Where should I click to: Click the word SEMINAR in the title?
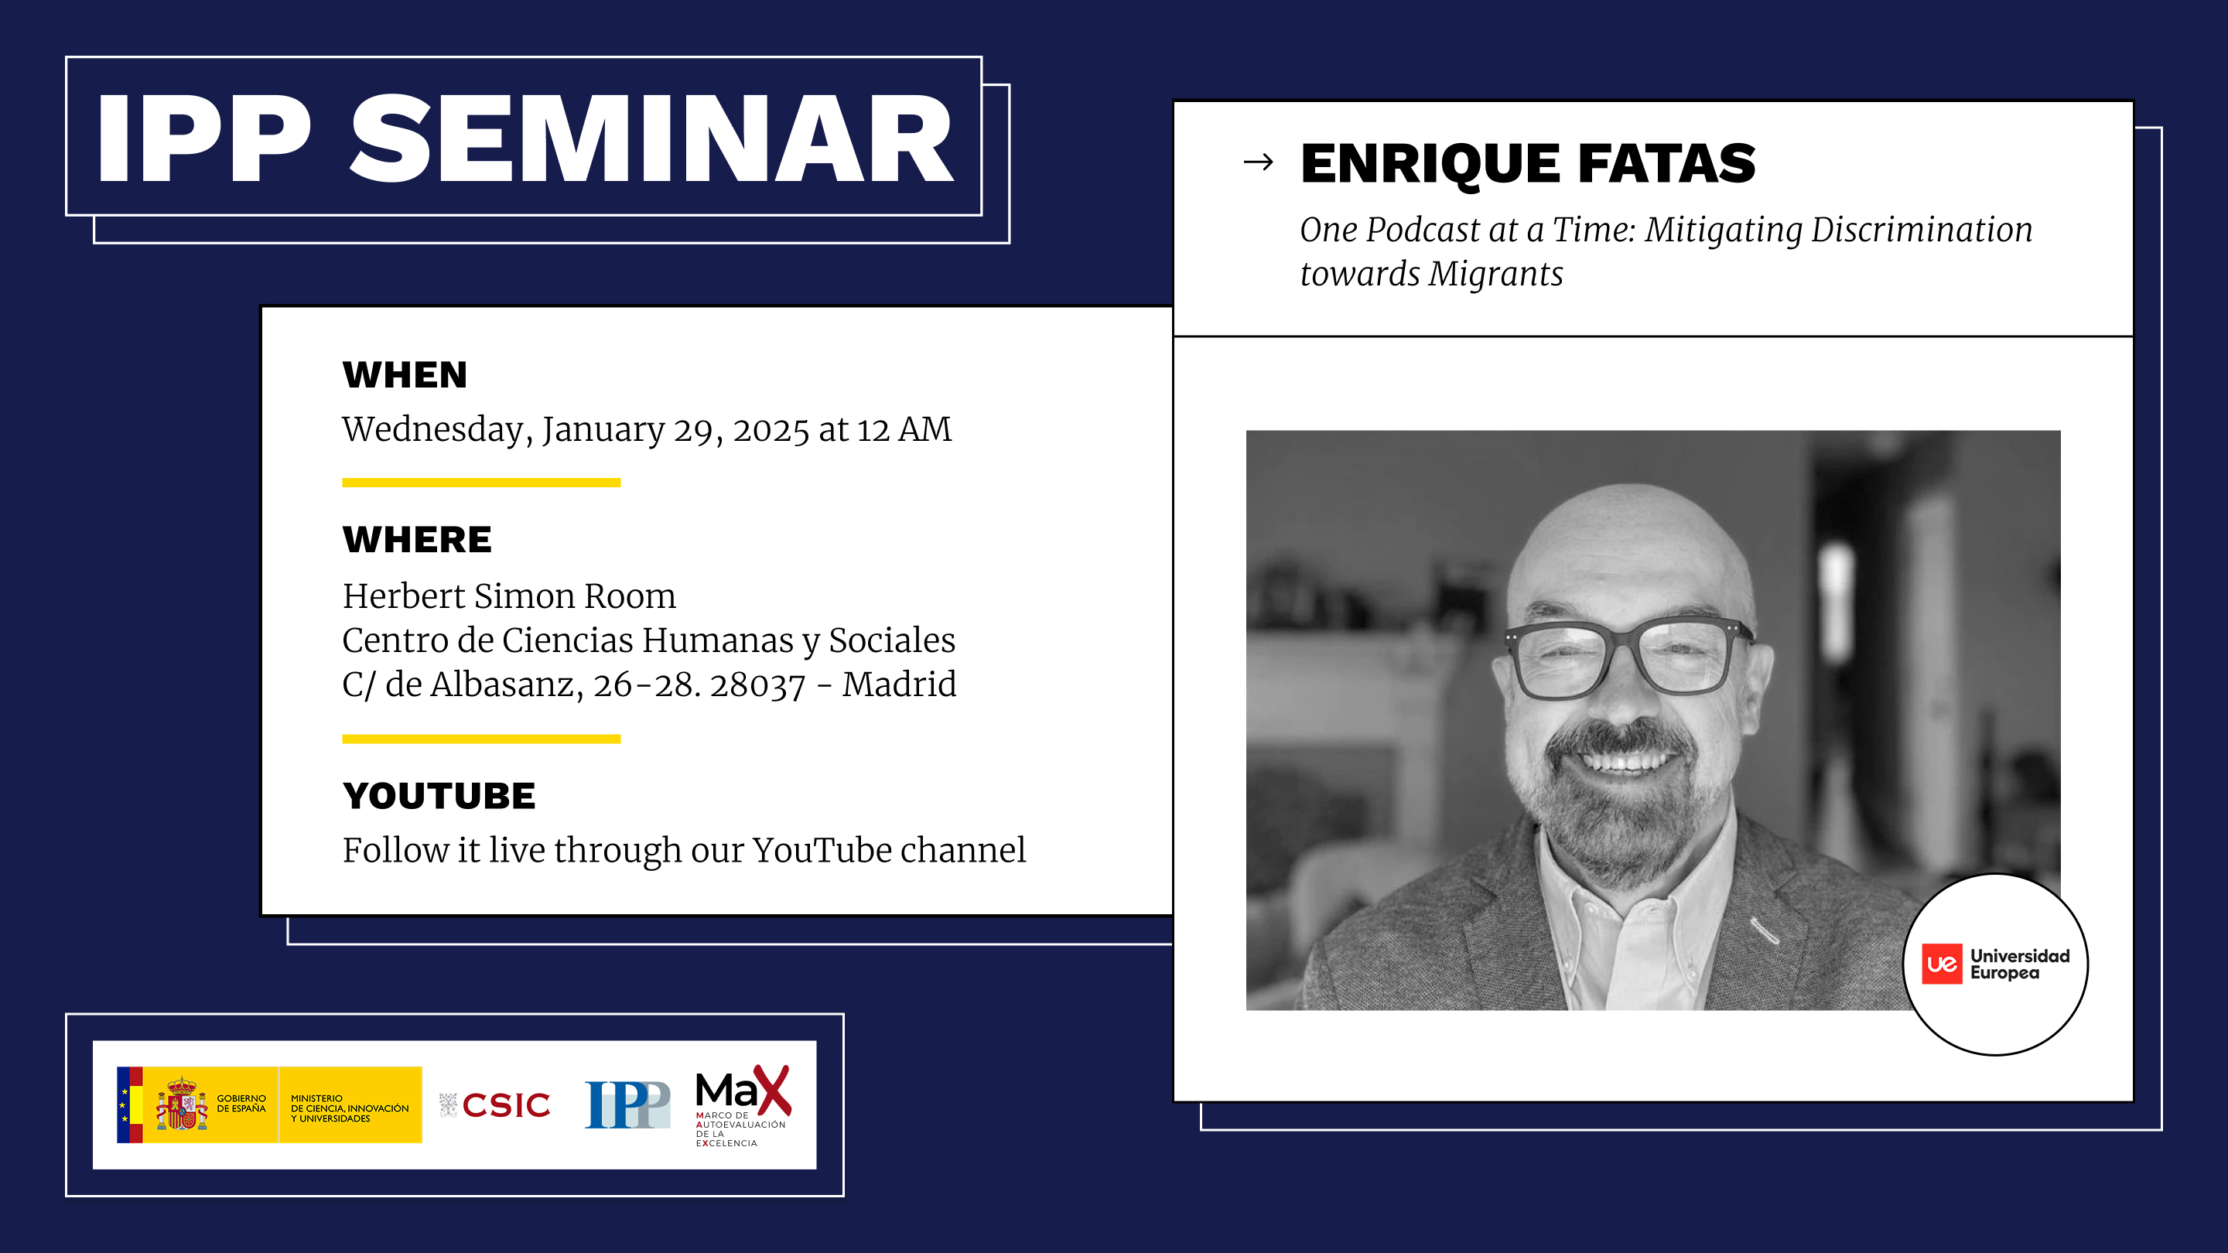[651, 138]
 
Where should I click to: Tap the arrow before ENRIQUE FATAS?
[1258, 162]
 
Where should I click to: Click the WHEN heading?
[405, 375]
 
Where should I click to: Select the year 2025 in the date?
[771, 430]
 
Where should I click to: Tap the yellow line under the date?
[481, 483]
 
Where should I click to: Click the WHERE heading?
[417, 540]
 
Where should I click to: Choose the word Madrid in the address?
[900, 684]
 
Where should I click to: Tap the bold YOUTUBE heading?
[439, 797]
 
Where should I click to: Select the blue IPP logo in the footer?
[627, 1104]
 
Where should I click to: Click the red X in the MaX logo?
[771, 1091]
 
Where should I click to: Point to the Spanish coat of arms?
[181, 1104]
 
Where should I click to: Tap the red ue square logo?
[1942, 965]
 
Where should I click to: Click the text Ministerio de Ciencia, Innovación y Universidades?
[350, 1108]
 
